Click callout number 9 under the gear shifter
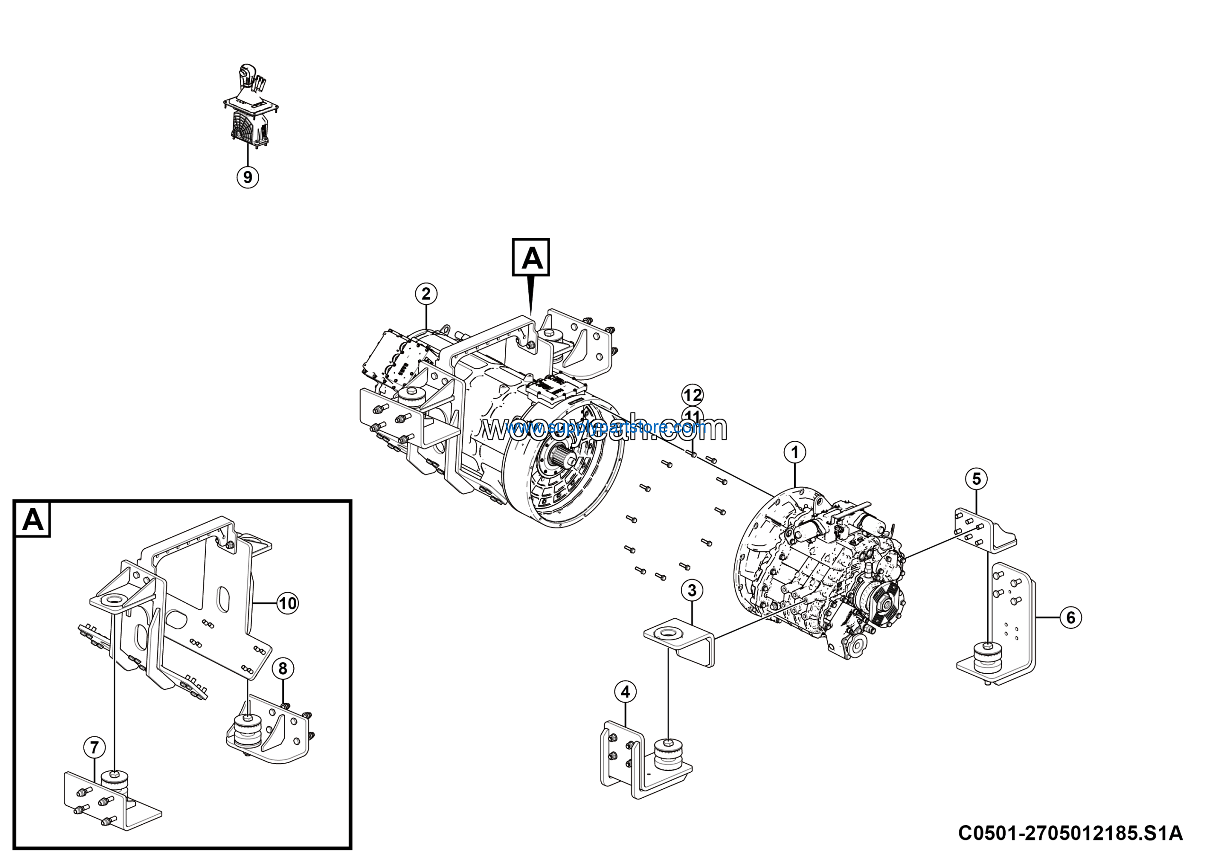pos(247,176)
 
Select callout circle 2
pos(426,294)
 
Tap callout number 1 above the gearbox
pos(794,452)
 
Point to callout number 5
pos(976,479)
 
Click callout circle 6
pos(1070,617)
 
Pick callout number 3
pos(692,590)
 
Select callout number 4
pos(625,691)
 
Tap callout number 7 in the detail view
pos(95,747)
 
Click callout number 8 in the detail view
pos(283,669)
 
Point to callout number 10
pos(288,603)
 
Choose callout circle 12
pos(693,395)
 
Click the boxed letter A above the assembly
pos(531,258)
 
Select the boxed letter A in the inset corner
pos(33,519)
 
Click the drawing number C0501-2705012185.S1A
pos(1070,833)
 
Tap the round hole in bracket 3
pos(669,632)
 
